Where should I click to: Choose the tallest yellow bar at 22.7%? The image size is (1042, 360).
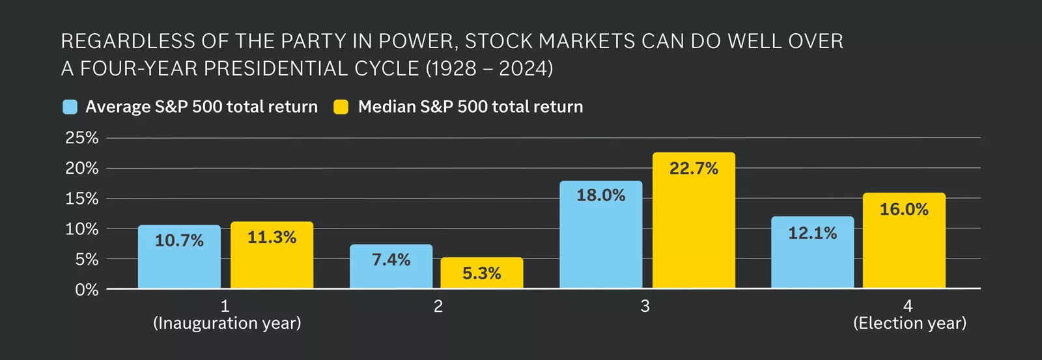[694, 221]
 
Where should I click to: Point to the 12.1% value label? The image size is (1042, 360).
[812, 233]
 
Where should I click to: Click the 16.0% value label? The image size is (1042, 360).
[904, 210]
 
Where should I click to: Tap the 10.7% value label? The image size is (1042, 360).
[179, 241]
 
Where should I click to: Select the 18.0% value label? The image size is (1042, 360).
[600, 195]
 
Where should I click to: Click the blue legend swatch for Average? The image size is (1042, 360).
[70, 107]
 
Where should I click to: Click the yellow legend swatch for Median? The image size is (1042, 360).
[341, 107]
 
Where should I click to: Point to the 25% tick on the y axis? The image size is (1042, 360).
[82, 138]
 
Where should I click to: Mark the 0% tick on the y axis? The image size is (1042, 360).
[87, 290]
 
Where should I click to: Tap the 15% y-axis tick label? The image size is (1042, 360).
[82, 199]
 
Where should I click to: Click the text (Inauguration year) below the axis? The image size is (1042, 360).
[227, 324]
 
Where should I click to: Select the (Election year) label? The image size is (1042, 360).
[909, 324]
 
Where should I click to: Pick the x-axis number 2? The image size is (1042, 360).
[438, 307]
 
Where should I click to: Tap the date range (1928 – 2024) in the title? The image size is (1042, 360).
[489, 68]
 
